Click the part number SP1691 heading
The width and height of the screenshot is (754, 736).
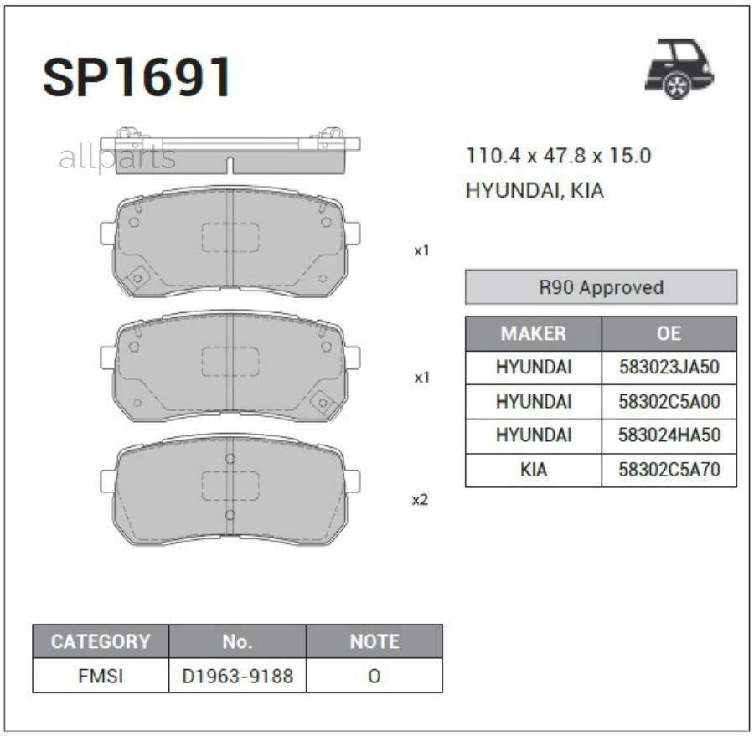137,78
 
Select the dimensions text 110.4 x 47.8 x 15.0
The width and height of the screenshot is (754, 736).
558,156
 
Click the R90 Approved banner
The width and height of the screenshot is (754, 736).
601,287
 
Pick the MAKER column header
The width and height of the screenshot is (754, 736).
533,333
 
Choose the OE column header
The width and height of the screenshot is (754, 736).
669,333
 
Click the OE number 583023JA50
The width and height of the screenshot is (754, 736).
669,368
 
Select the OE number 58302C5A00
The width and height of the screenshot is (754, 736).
669,402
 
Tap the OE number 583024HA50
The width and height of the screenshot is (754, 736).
669,435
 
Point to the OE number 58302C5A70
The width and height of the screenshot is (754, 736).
669,470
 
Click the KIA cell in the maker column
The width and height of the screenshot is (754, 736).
533,470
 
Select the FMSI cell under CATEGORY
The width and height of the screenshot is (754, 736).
100,676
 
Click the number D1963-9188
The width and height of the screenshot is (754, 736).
237,676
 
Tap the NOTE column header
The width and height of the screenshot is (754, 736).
374,641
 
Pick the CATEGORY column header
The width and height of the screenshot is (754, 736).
100,641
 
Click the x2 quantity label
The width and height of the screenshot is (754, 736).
421,500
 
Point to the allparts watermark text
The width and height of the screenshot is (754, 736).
117,157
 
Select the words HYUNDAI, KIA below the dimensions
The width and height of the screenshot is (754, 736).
535,191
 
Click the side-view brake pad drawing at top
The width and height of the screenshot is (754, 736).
230,151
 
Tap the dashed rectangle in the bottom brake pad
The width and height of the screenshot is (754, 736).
230,485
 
